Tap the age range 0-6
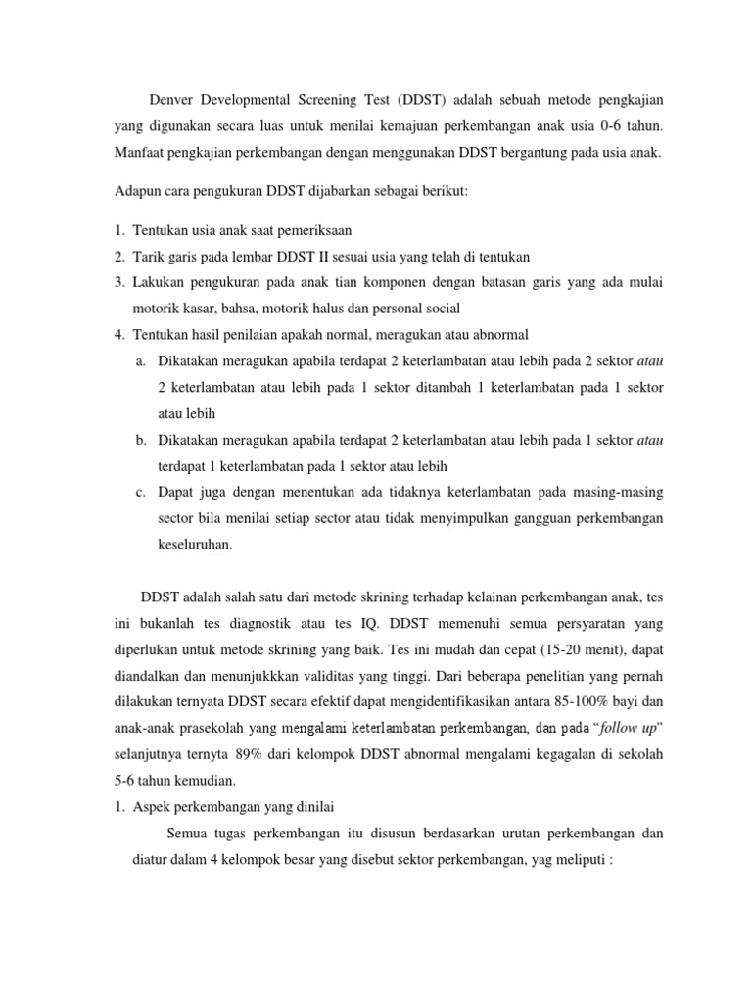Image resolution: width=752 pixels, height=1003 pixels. [x=602, y=127]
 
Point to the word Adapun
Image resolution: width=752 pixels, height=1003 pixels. [x=133, y=191]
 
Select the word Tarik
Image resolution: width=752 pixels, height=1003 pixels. [x=149, y=257]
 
